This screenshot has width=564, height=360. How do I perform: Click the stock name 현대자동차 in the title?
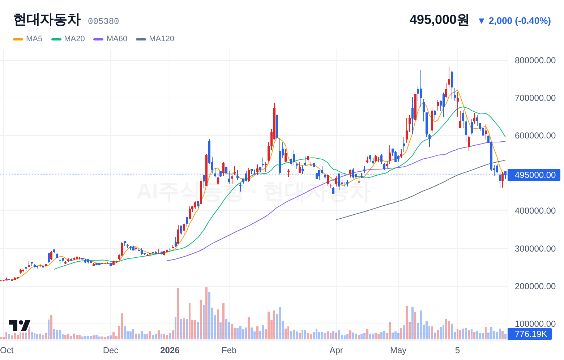coord(47,20)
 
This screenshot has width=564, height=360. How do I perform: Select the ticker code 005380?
coord(103,21)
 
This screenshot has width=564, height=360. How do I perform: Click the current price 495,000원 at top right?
coord(439,20)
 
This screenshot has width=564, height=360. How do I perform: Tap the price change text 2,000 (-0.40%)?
coord(520,21)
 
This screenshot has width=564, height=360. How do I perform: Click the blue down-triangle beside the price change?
coord(482,21)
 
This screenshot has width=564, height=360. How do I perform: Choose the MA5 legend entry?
coord(28,39)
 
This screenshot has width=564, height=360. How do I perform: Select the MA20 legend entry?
coord(68,39)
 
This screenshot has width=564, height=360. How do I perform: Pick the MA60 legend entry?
coord(110,39)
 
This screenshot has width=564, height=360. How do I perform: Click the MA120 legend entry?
coord(155,39)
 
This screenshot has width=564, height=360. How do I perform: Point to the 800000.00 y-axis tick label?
coord(535,60)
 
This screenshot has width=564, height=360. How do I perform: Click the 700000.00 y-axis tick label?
coord(535,98)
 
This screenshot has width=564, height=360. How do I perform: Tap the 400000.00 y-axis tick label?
coord(535,211)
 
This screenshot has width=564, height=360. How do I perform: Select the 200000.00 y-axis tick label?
coord(535,286)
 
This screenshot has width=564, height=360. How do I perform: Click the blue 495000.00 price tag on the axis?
coord(534,175)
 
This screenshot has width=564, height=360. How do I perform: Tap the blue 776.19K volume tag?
coord(530,334)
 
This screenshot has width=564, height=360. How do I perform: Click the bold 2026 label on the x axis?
coord(170,350)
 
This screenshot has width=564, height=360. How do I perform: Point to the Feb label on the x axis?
coord(229,350)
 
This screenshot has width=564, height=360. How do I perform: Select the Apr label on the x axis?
coord(336,350)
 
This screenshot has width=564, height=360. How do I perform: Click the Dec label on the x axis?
coord(111,350)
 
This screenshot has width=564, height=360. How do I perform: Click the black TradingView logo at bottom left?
coord(20,326)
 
